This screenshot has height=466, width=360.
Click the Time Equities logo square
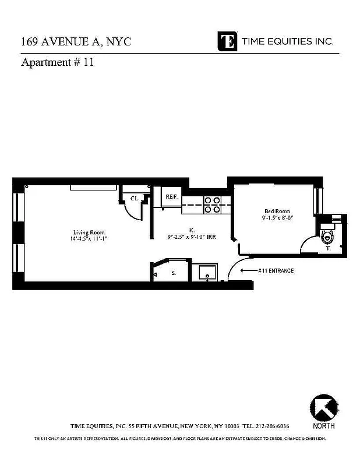tap(227, 41)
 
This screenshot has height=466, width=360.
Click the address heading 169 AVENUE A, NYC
tap(76, 42)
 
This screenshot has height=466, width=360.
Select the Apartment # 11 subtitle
tap(57, 63)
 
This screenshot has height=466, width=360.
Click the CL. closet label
tap(134, 198)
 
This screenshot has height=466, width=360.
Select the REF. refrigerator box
tap(171, 197)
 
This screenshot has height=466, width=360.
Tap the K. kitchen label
tap(192, 230)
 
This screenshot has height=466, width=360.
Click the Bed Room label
tap(277, 211)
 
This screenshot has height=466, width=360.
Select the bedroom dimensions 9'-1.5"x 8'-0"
tap(278, 218)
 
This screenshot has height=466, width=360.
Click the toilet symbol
tap(327, 236)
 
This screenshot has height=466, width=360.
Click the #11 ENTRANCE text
tap(276, 271)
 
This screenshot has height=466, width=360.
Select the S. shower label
tap(174, 272)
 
